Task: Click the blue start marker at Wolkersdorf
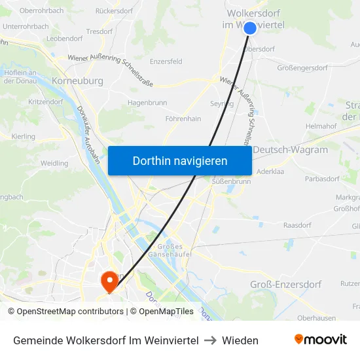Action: (250, 28)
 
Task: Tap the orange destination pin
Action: (109, 281)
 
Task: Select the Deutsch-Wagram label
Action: (290, 150)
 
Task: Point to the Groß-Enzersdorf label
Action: (285, 284)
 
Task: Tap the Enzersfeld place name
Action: (166, 61)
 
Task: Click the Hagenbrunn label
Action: (147, 103)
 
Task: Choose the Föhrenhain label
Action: (183, 118)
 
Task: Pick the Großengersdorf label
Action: (302, 67)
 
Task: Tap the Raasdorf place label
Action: (297, 225)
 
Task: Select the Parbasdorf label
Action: (321, 178)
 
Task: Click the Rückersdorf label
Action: (114, 11)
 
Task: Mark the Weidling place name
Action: (54, 163)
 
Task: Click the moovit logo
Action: (321, 340)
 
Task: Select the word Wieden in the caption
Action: (240, 340)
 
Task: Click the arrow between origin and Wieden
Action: (210, 340)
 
